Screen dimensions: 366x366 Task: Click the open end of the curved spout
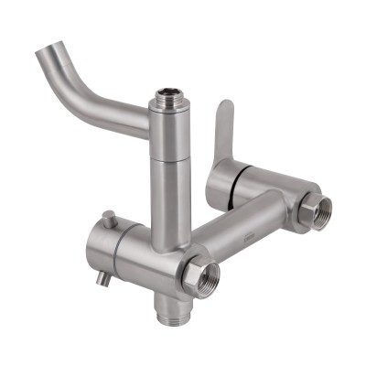[46, 57]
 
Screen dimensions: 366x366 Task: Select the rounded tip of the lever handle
[225, 108]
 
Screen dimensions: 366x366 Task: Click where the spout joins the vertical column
[152, 120]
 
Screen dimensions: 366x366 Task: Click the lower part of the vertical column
[170, 210]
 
